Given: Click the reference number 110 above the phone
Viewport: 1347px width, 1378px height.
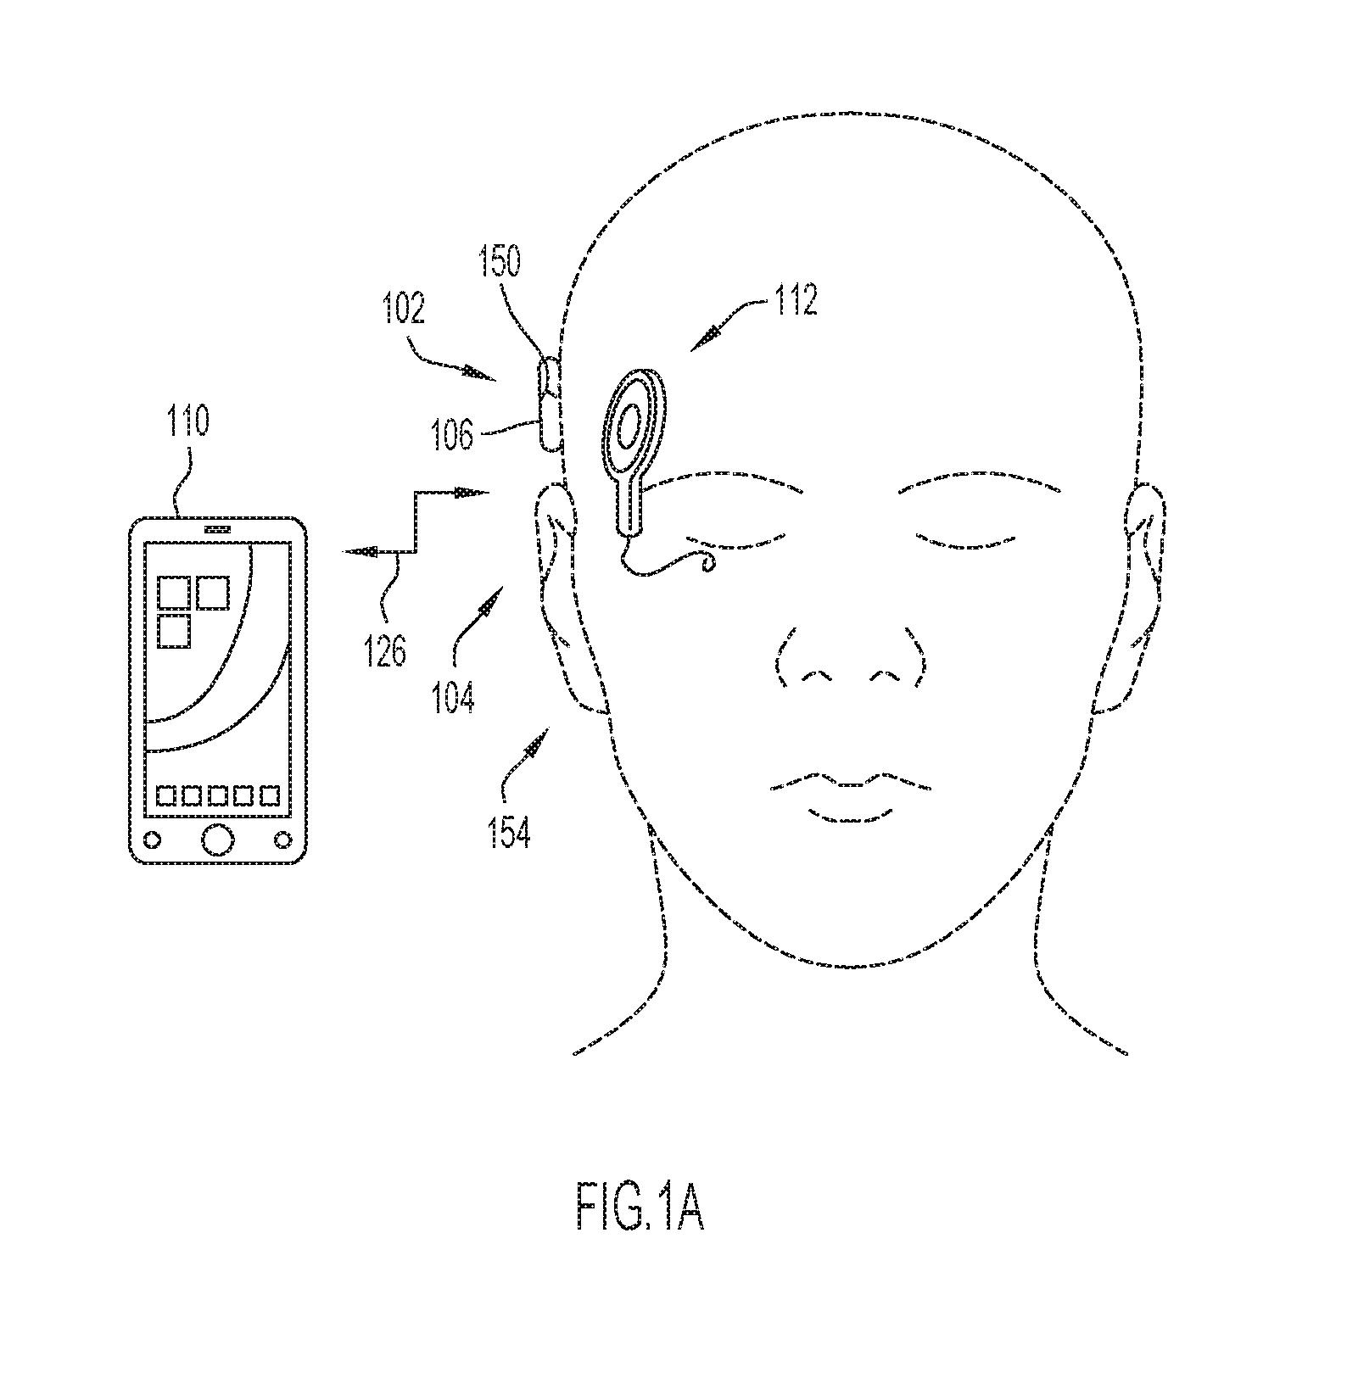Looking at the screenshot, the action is pyautogui.click(x=187, y=421).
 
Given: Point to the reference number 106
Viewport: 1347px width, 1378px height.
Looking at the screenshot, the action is pyautogui.click(x=451, y=435).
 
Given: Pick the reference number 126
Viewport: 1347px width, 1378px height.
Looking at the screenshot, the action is pyautogui.click(x=386, y=651).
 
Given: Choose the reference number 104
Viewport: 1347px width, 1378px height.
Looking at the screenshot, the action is pyautogui.click(x=452, y=697).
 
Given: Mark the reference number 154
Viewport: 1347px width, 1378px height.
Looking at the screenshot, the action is pyautogui.click(x=509, y=833).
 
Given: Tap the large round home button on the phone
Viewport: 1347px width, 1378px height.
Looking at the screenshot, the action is pyautogui.click(x=217, y=839).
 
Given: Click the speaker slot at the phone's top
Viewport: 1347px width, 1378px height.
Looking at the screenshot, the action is pyautogui.click(x=217, y=528).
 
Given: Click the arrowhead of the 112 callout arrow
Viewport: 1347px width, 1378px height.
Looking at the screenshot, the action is pyautogui.click(x=705, y=339).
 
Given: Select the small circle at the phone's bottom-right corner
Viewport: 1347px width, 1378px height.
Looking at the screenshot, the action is pyautogui.click(x=282, y=840).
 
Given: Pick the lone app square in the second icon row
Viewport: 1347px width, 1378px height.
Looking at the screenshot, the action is pyautogui.click(x=174, y=631).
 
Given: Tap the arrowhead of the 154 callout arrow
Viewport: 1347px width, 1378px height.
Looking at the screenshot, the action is pyautogui.click(x=535, y=746).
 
